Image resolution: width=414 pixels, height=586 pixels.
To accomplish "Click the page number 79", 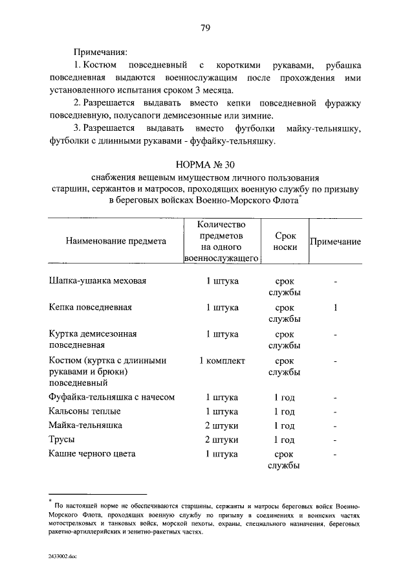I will [x=206, y=27].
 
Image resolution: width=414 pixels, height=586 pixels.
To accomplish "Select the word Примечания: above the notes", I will [x=100, y=51].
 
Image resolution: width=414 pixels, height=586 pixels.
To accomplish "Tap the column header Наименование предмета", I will [x=116, y=241].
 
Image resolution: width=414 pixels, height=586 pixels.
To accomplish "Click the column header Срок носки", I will [x=285, y=242].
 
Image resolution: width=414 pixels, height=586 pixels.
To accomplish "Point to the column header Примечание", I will [x=335, y=242].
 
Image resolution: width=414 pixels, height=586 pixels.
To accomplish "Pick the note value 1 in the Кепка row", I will [x=335, y=308].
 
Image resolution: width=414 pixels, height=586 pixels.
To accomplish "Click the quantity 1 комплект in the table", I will [x=222, y=361].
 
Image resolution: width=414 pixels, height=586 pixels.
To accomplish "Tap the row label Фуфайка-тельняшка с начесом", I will [x=112, y=397].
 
